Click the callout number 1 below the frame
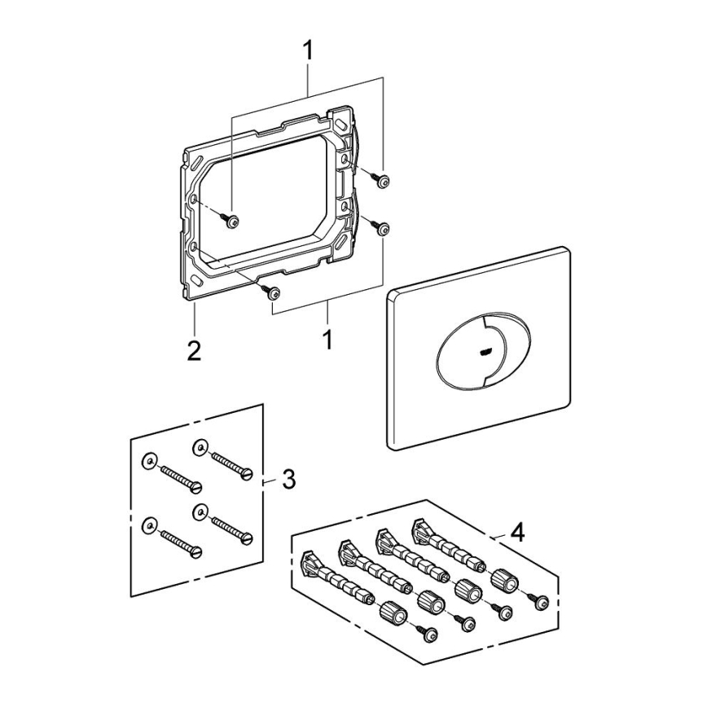(327, 339)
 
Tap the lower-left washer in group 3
(148, 525)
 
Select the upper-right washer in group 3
(199, 447)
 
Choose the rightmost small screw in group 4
(541, 602)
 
